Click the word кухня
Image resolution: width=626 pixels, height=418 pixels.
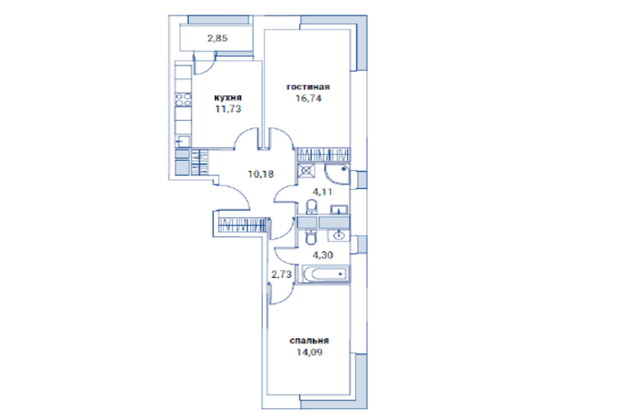click(228, 97)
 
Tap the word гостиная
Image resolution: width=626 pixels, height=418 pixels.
click(308, 87)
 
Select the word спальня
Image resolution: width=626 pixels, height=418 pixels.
click(309, 341)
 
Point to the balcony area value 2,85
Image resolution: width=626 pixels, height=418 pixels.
click(217, 38)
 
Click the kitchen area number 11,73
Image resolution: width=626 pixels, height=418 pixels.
click(228, 108)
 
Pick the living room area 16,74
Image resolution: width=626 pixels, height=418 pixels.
click(308, 98)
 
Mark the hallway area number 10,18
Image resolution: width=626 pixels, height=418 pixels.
click(261, 174)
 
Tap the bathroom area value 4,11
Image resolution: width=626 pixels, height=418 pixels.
click(322, 192)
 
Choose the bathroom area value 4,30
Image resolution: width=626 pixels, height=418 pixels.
click(323, 255)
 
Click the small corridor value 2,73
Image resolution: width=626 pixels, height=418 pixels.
click(281, 274)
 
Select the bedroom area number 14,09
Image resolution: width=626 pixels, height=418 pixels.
click(309, 352)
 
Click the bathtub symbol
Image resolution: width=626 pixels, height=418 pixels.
click(326, 274)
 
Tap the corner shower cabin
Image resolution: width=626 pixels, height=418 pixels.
click(337, 174)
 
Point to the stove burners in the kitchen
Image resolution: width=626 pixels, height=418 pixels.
click(183, 100)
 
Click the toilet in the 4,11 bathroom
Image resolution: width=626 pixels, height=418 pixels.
click(312, 207)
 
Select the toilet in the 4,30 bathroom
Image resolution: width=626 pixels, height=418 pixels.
click(311, 237)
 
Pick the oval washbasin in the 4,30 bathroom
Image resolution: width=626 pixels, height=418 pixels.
click(339, 235)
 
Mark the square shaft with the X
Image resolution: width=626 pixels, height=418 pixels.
click(306, 171)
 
